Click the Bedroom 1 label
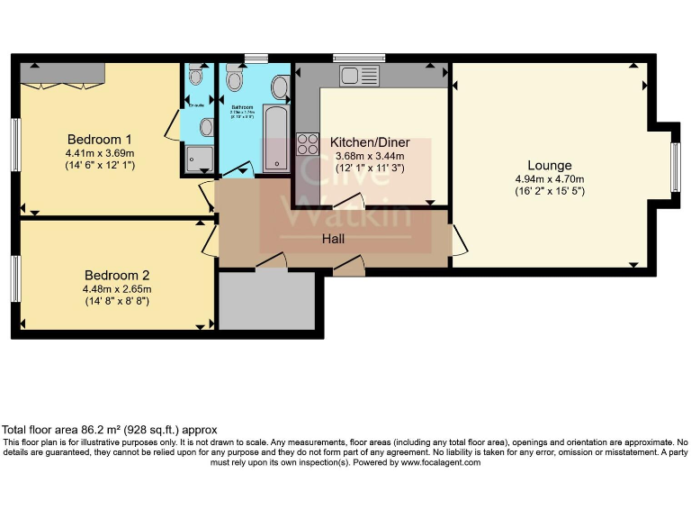(100, 140)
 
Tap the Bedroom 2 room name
(116, 275)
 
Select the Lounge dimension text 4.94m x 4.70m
(549, 178)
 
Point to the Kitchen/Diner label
(370, 142)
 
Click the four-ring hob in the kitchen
(308, 143)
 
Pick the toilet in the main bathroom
(236, 81)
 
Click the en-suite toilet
(197, 78)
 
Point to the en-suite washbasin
(207, 127)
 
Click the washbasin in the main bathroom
(280, 88)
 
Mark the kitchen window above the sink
(352, 59)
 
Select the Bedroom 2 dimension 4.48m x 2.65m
(116, 289)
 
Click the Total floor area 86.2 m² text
(110, 430)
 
